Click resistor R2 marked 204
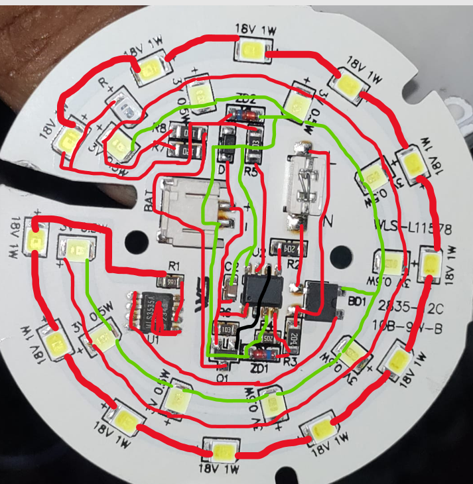pyautogui.click(x=291, y=249)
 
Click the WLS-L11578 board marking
pyautogui.click(x=413, y=229)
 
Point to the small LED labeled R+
pyautogui.click(x=125, y=105)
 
